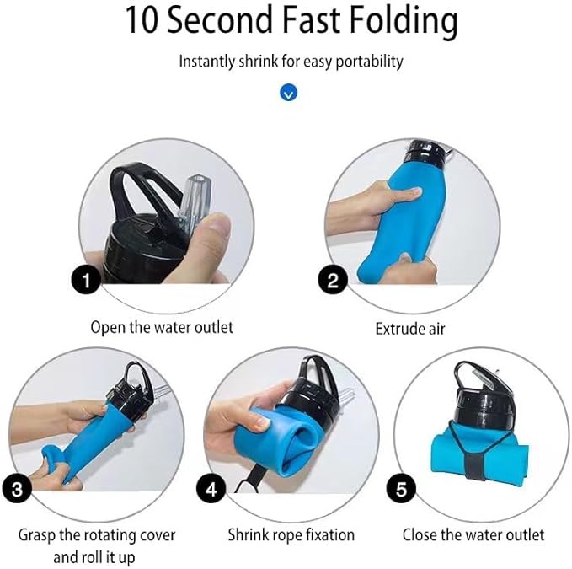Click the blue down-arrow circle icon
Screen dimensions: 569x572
(x=288, y=93)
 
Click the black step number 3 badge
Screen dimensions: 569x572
(x=17, y=486)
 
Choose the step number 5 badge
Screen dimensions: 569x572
(x=399, y=486)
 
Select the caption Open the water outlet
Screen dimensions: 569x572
(x=162, y=327)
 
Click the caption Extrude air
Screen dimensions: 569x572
(x=410, y=327)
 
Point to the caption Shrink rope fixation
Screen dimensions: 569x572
(x=291, y=534)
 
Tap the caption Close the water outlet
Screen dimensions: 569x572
(x=473, y=534)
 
